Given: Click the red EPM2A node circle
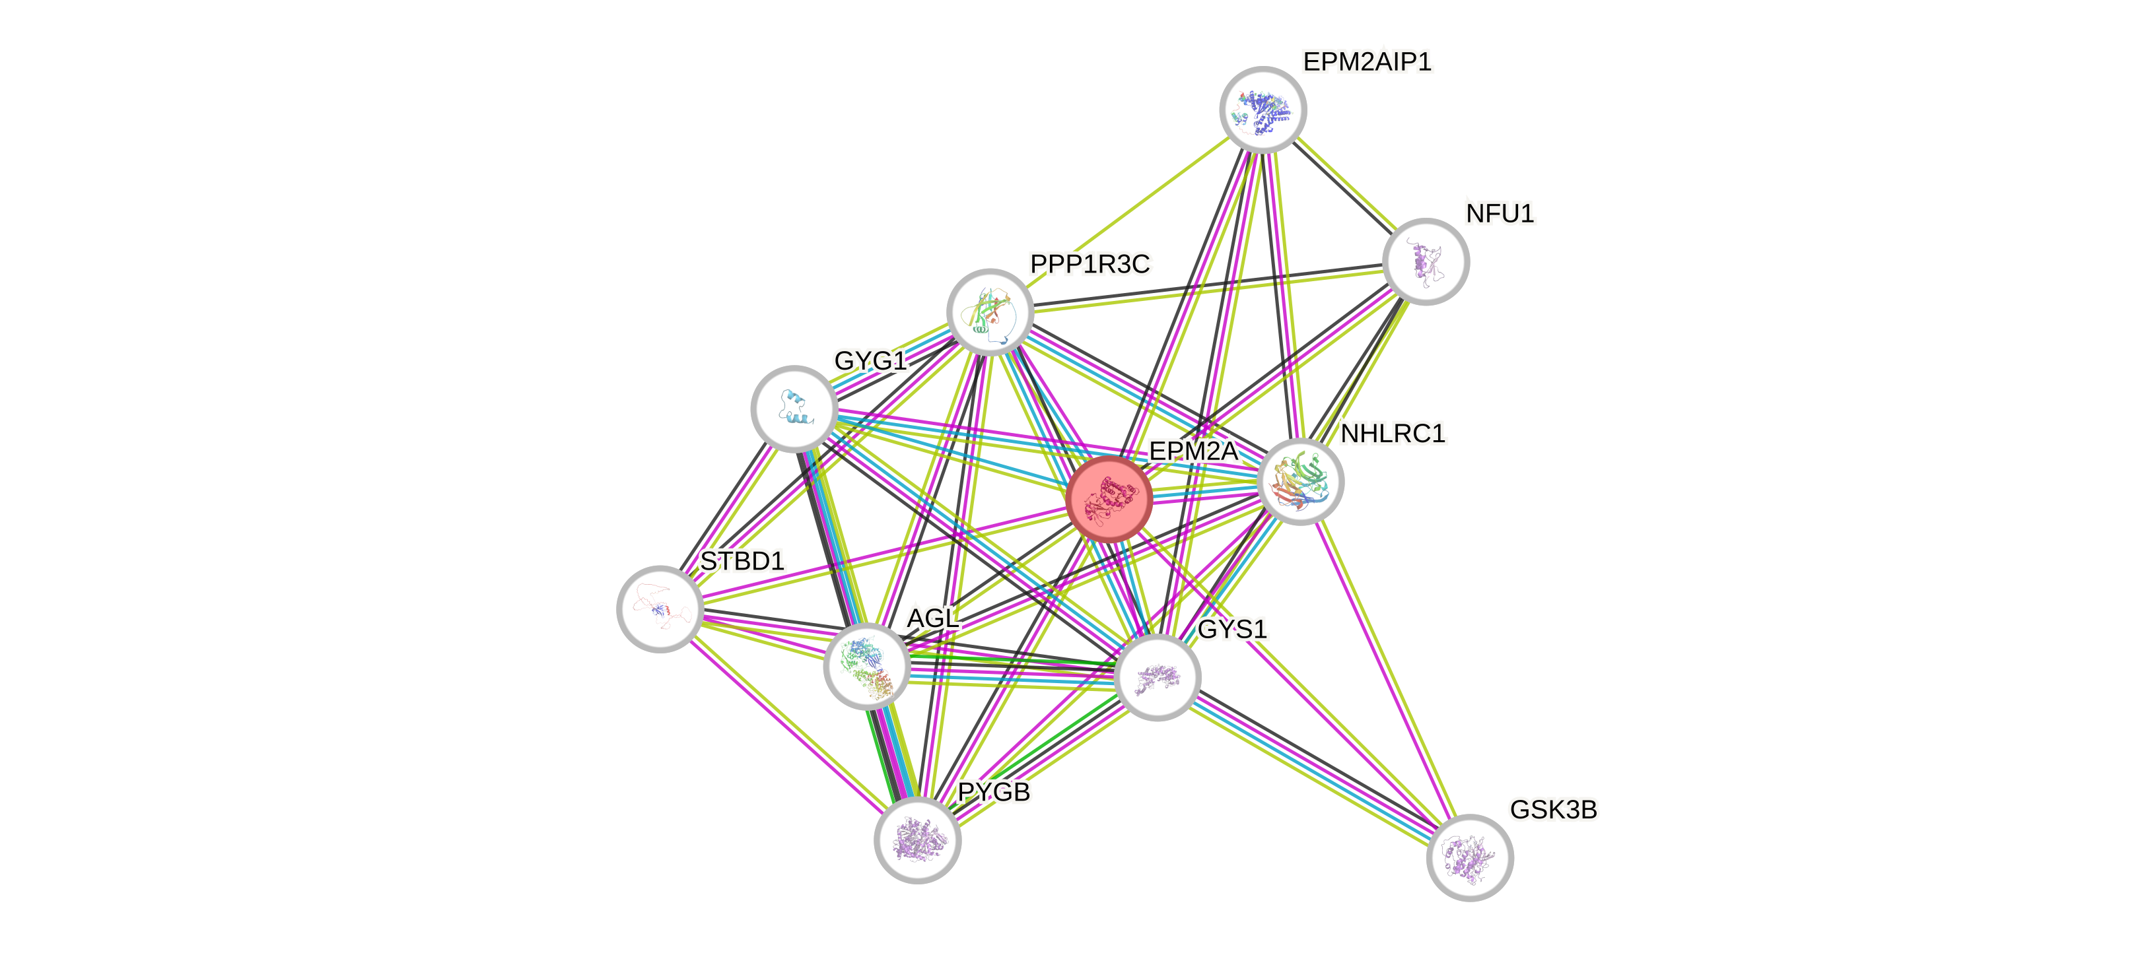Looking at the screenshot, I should [1109, 499].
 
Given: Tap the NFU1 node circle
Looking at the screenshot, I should [1426, 261].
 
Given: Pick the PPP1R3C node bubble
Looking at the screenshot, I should [990, 312].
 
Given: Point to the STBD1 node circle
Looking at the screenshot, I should [660, 609].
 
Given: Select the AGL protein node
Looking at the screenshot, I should [866, 667].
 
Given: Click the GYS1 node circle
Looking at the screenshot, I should [1157, 677].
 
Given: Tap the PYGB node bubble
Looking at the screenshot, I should [917, 840].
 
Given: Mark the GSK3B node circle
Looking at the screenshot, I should [1470, 857].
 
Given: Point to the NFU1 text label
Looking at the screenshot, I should [1500, 214].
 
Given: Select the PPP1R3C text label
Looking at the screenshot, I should [1090, 264].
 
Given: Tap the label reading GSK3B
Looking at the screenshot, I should [1553, 810].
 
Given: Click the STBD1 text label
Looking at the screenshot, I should [742, 562].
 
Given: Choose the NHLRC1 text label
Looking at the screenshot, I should [1393, 433].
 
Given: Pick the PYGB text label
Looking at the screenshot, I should [993, 791].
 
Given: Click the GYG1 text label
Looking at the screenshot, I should [870, 360].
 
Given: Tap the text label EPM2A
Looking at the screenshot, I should [1193, 451].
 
